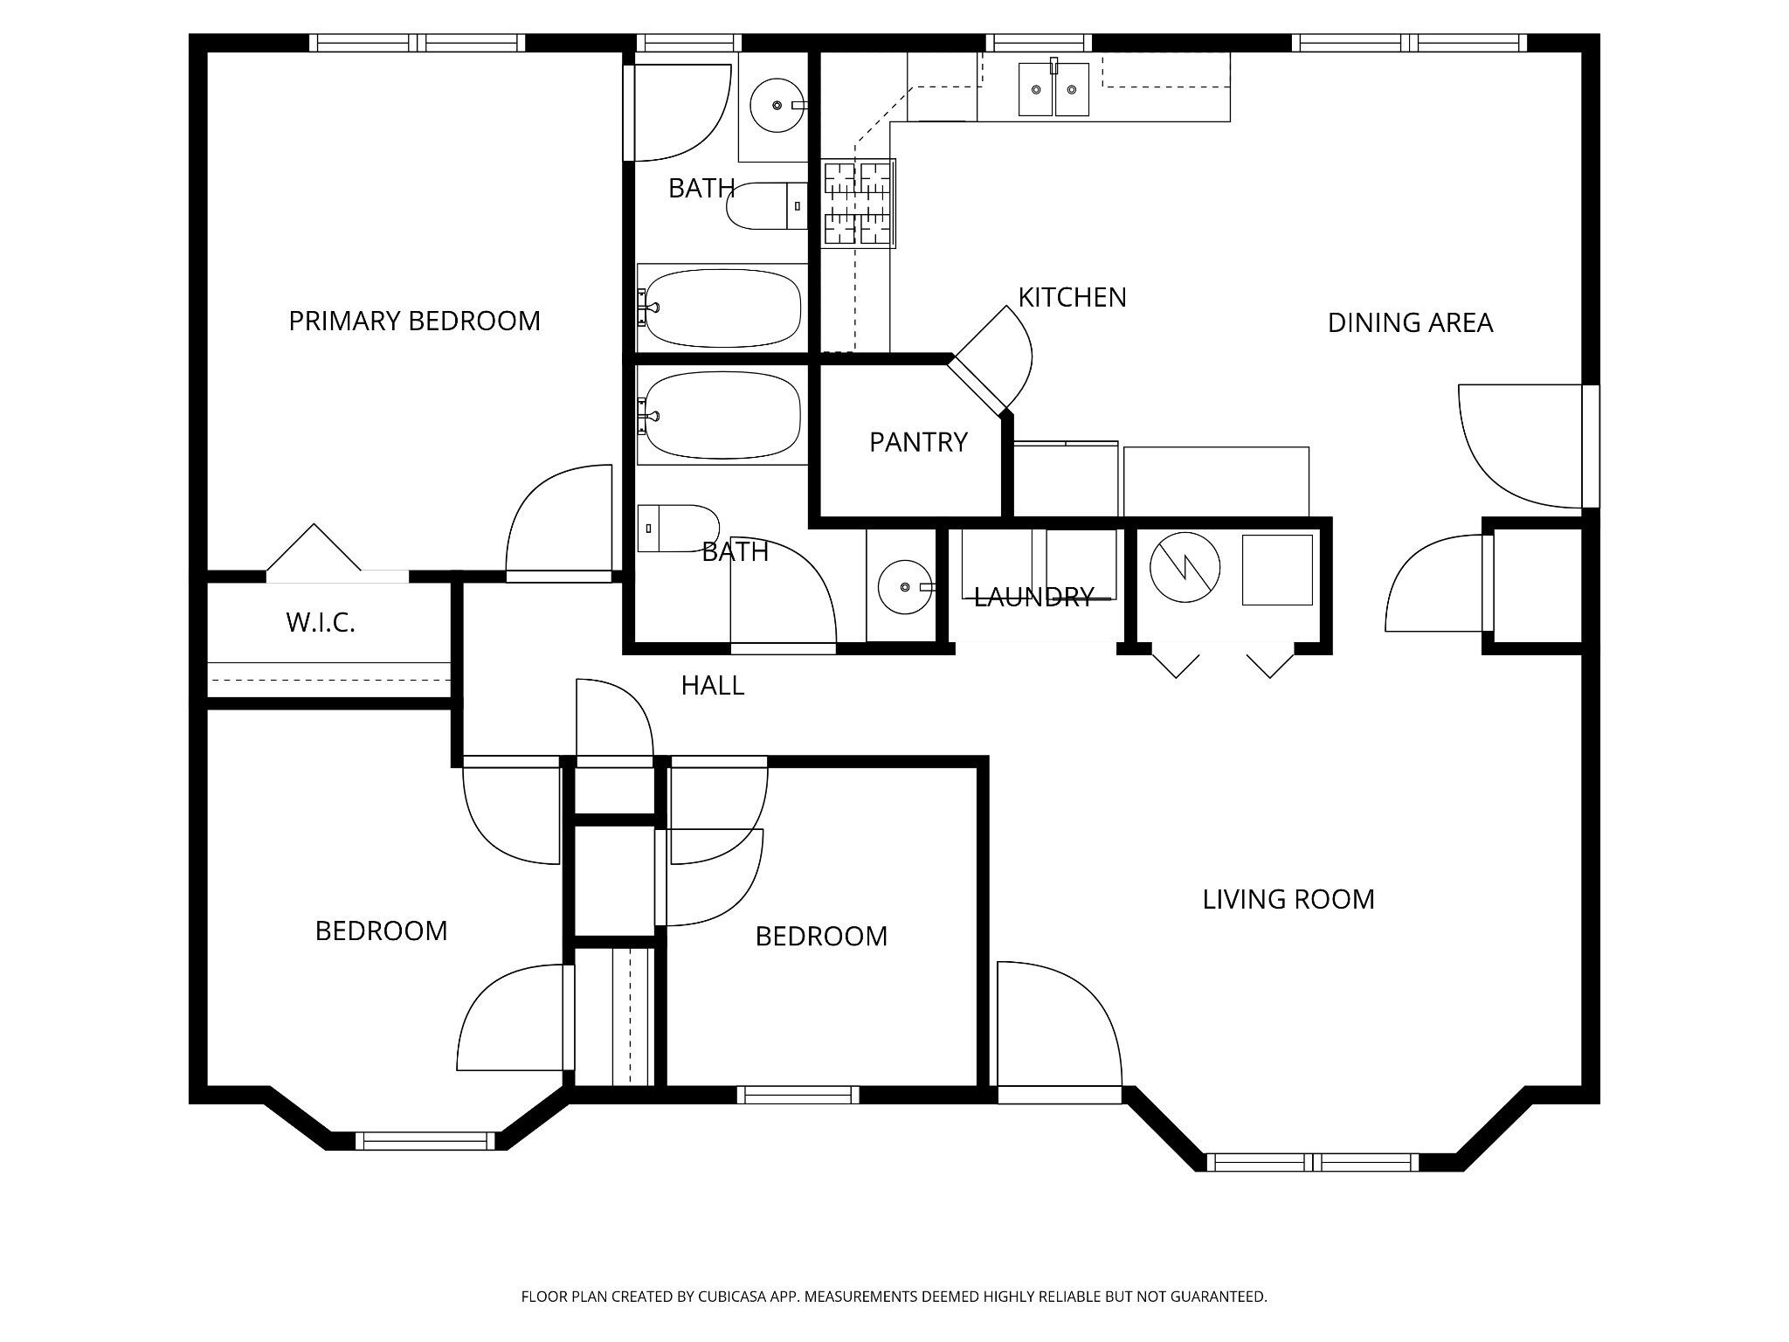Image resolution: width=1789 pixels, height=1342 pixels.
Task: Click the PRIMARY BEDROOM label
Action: pos(414,321)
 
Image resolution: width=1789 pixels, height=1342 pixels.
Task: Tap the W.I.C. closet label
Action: pos(321,623)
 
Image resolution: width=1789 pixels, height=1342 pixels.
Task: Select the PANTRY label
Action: pos(918,442)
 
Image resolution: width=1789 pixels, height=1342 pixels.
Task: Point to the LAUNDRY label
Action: pos(1034,597)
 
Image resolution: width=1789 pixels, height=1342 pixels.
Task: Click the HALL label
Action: pos(713,686)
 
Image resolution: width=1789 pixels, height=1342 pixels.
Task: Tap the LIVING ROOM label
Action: pos(1288,899)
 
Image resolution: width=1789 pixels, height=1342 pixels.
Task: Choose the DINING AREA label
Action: pos(1410,323)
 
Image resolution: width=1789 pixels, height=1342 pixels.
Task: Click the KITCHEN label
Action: pos(1072,297)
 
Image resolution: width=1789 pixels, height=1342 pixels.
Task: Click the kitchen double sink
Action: pos(1053,88)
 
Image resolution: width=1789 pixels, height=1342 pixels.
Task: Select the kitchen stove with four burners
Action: pos(858,203)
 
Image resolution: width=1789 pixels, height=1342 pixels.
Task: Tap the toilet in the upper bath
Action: pos(767,206)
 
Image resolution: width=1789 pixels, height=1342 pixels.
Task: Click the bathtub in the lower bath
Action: pos(720,416)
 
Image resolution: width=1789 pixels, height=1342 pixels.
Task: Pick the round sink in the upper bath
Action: pos(777,106)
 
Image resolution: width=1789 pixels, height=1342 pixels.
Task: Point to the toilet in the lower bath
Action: pos(678,528)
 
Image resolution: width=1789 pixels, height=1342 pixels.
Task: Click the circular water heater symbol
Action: pos(1185,567)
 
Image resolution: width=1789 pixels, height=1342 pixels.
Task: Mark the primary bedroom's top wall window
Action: pos(418,43)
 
